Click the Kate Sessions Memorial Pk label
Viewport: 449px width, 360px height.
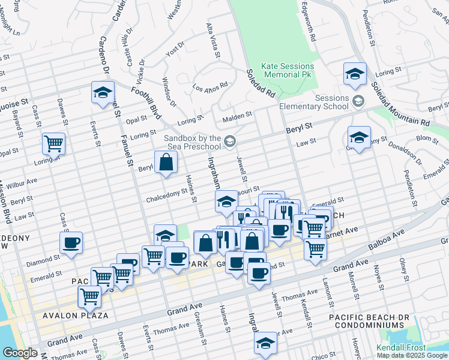pos(288,70)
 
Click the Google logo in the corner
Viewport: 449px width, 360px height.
pos(20,353)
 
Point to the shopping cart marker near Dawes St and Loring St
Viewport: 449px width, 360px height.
pos(54,144)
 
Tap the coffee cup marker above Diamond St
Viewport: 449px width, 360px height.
pos(71,243)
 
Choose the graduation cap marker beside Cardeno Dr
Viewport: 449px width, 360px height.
pos(103,92)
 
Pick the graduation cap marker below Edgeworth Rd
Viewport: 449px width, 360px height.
pos(355,74)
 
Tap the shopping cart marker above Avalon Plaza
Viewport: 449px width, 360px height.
pos(89,296)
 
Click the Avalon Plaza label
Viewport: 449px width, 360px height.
pos(75,315)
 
